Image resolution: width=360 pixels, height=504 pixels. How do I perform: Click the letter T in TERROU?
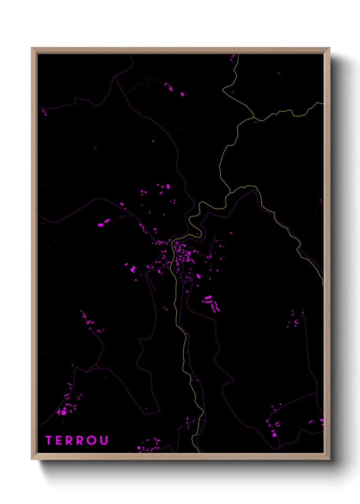[x=49, y=440]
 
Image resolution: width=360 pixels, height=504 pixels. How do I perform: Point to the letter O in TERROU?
[x=92, y=440]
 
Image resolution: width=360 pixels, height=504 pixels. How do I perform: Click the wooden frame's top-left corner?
[x=32, y=48]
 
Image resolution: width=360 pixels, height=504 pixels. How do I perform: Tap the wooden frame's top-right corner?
[x=329, y=48]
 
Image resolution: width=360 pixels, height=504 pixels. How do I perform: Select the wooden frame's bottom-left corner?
[x=32, y=459]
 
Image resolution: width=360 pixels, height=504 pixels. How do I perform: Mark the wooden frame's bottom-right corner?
[x=329, y=459]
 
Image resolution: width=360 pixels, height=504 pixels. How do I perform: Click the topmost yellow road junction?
[x=254, y=117]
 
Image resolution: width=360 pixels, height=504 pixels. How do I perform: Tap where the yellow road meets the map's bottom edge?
[x=199, y=452]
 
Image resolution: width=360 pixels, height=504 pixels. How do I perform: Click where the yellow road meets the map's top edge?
[x=239, y=54]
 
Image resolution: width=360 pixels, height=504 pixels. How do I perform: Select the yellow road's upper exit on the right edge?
[x=323, y=103]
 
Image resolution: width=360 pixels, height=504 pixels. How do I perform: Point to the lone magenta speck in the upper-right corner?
[x=279, y=73]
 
